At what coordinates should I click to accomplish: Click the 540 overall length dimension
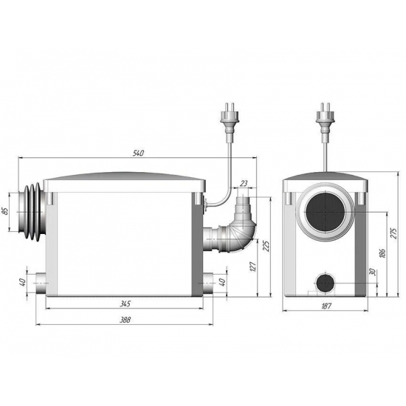pyautogui.click(x=139, y=153)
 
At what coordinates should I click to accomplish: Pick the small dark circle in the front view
pyautogui.click(x=326, y=282)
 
